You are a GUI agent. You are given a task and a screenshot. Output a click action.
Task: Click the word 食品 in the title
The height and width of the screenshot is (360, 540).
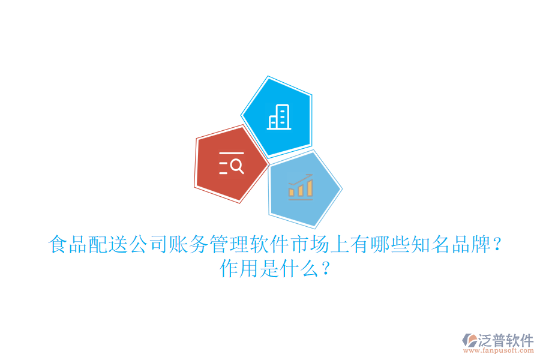(x=67, y=245)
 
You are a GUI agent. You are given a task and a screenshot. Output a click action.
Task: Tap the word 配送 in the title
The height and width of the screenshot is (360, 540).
(x=107, y=245)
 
